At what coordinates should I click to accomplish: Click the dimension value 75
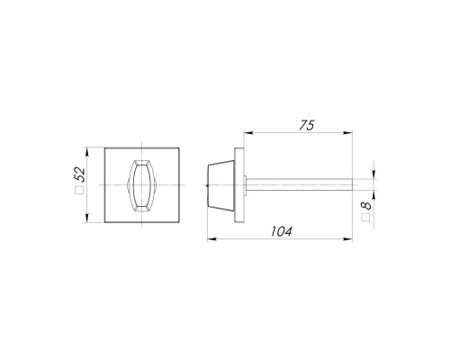(306, 125)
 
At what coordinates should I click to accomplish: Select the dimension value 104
(281, 231)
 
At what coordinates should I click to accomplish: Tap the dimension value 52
(80, 175)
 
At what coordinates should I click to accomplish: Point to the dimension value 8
(366, 205)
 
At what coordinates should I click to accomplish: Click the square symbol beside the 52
(79, 191)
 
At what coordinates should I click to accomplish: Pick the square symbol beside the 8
(365, 218)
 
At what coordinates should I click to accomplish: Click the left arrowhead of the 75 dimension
(247, 132)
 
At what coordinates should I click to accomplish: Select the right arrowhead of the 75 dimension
(347, 132)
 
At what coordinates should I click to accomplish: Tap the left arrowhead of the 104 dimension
(211, 239)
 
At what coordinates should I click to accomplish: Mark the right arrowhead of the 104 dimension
(347, 239)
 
